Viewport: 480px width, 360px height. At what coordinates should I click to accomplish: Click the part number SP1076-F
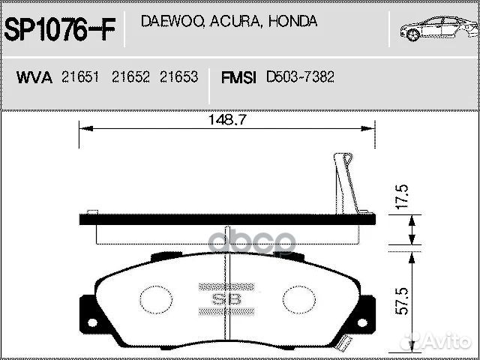61,30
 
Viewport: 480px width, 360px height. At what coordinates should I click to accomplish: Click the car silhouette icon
436,28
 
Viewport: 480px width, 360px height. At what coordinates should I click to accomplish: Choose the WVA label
34,77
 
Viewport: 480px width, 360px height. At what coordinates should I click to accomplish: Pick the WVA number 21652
130,77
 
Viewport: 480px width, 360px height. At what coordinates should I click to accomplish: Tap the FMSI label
239,77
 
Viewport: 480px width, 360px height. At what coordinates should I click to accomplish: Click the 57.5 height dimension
403,300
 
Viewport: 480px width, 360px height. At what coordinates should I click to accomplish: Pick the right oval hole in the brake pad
298,300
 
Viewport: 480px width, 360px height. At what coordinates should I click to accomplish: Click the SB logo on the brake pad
226,298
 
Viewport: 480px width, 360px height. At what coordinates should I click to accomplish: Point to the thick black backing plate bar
226,218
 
